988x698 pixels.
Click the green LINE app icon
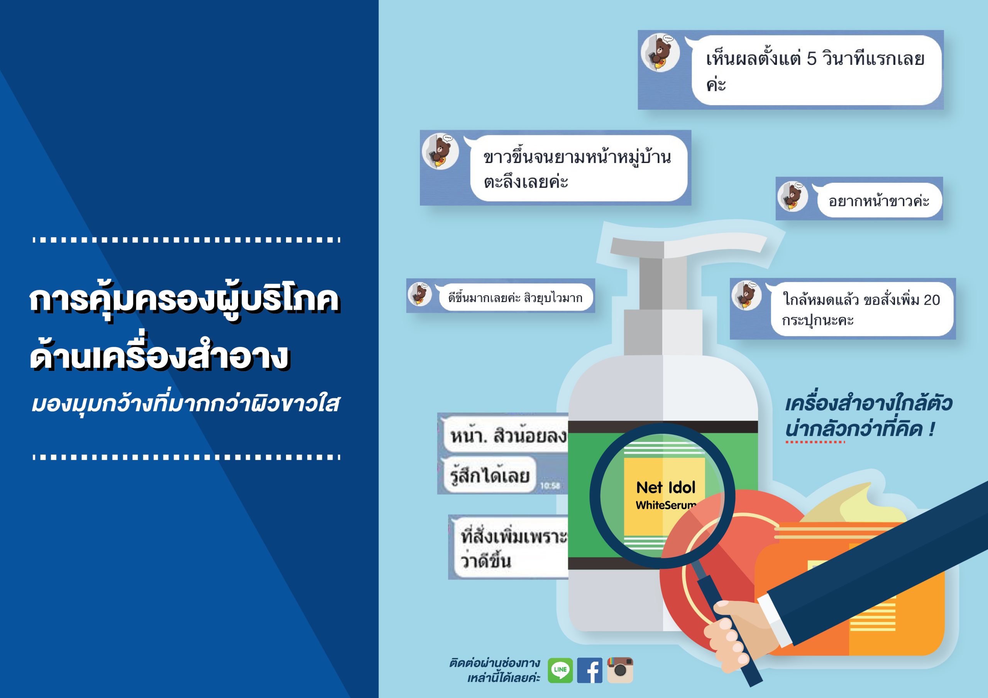pos(560,670)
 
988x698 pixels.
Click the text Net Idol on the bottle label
pos(666,487)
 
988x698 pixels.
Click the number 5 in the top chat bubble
pos(811,59)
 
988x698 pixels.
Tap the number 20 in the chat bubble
pos(932,300)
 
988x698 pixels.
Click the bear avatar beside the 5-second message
pos(660,53)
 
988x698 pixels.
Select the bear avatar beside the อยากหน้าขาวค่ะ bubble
pos(793,196)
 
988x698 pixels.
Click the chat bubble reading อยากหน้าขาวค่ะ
pos(879,200)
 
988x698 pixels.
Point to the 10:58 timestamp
pos(550,486)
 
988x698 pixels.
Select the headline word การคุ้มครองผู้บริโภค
pos(184,300)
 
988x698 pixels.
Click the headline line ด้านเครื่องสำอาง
pos(159,357)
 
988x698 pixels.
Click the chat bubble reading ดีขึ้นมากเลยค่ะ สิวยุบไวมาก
pos(515,297)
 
